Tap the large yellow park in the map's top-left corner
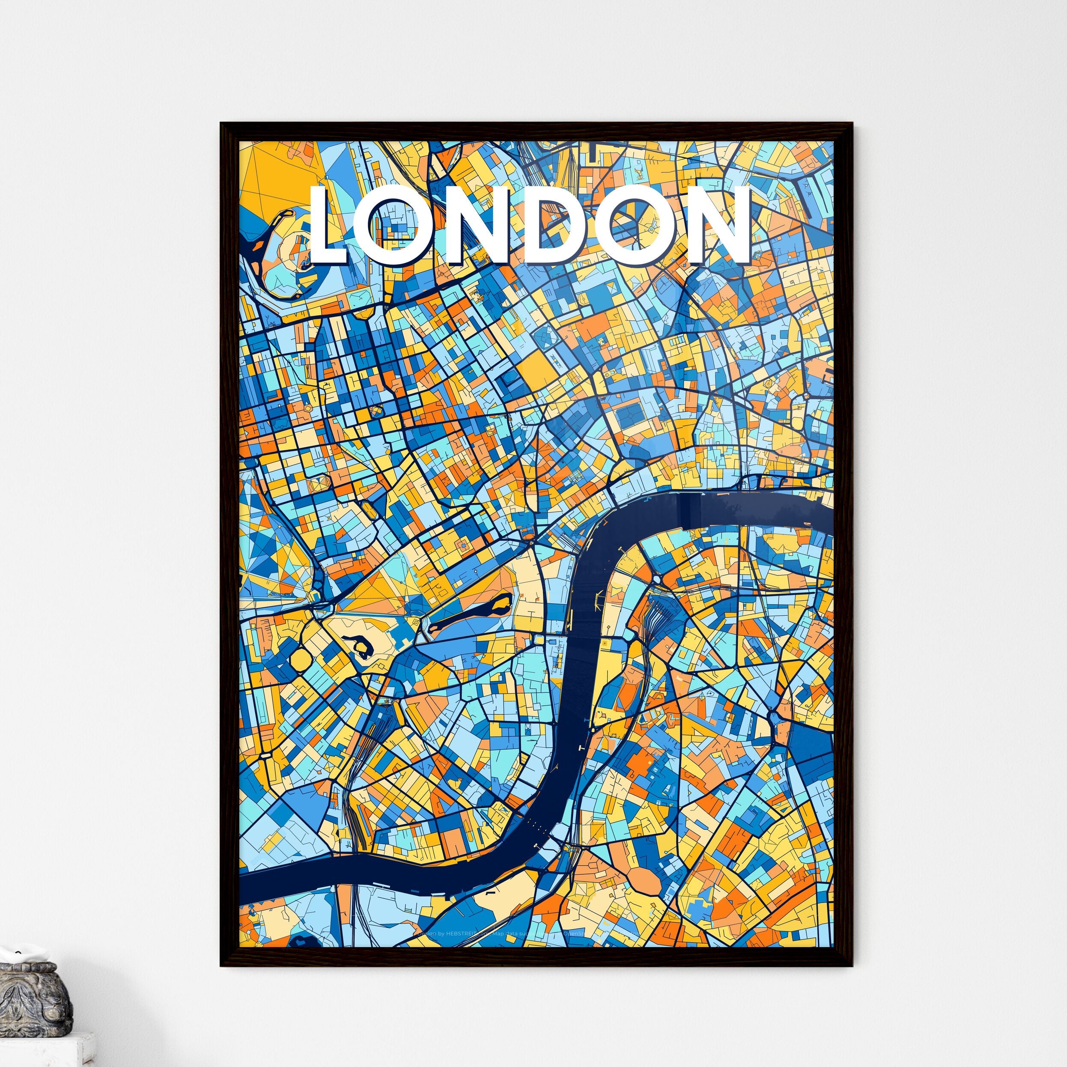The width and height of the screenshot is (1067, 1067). [265, 182]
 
